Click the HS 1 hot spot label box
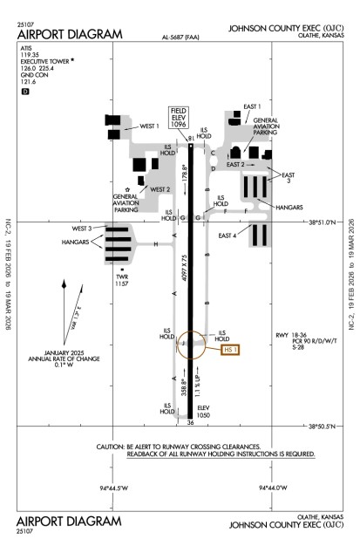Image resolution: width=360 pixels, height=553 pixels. [230, 351]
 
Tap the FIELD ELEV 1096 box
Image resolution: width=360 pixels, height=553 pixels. [180, 118]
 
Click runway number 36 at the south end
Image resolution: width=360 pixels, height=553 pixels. [190, 423]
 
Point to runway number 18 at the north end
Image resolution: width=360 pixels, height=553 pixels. [190, 138]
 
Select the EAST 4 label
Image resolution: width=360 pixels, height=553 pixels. [229, 236]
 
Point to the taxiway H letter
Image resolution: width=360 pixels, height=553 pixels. [155, 244]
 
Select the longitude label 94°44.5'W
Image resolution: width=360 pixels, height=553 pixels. [114, 486]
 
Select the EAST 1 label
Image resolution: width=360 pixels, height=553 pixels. [253, 106]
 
